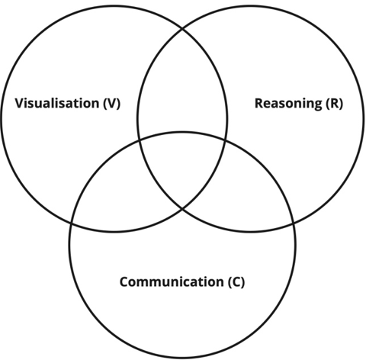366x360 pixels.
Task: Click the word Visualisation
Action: point(57,103)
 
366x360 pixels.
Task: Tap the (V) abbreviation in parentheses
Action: point(112,104)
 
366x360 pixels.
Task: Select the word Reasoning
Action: point(288,104)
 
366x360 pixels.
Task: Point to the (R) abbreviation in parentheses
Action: point(335,104)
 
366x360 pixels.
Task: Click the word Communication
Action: point(172,282)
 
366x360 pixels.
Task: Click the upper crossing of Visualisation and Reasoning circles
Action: point(182,29)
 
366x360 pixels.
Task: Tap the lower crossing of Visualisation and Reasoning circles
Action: point(182,209)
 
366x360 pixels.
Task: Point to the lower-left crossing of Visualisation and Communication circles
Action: point(72,223)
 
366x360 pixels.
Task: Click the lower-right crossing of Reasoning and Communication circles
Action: point(294,223)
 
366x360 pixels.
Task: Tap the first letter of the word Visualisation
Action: point(20,103)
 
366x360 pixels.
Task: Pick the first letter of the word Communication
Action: point(124,282)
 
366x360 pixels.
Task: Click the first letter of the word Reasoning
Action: point(259,103)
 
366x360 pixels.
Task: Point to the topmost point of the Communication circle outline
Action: point(182,132)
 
